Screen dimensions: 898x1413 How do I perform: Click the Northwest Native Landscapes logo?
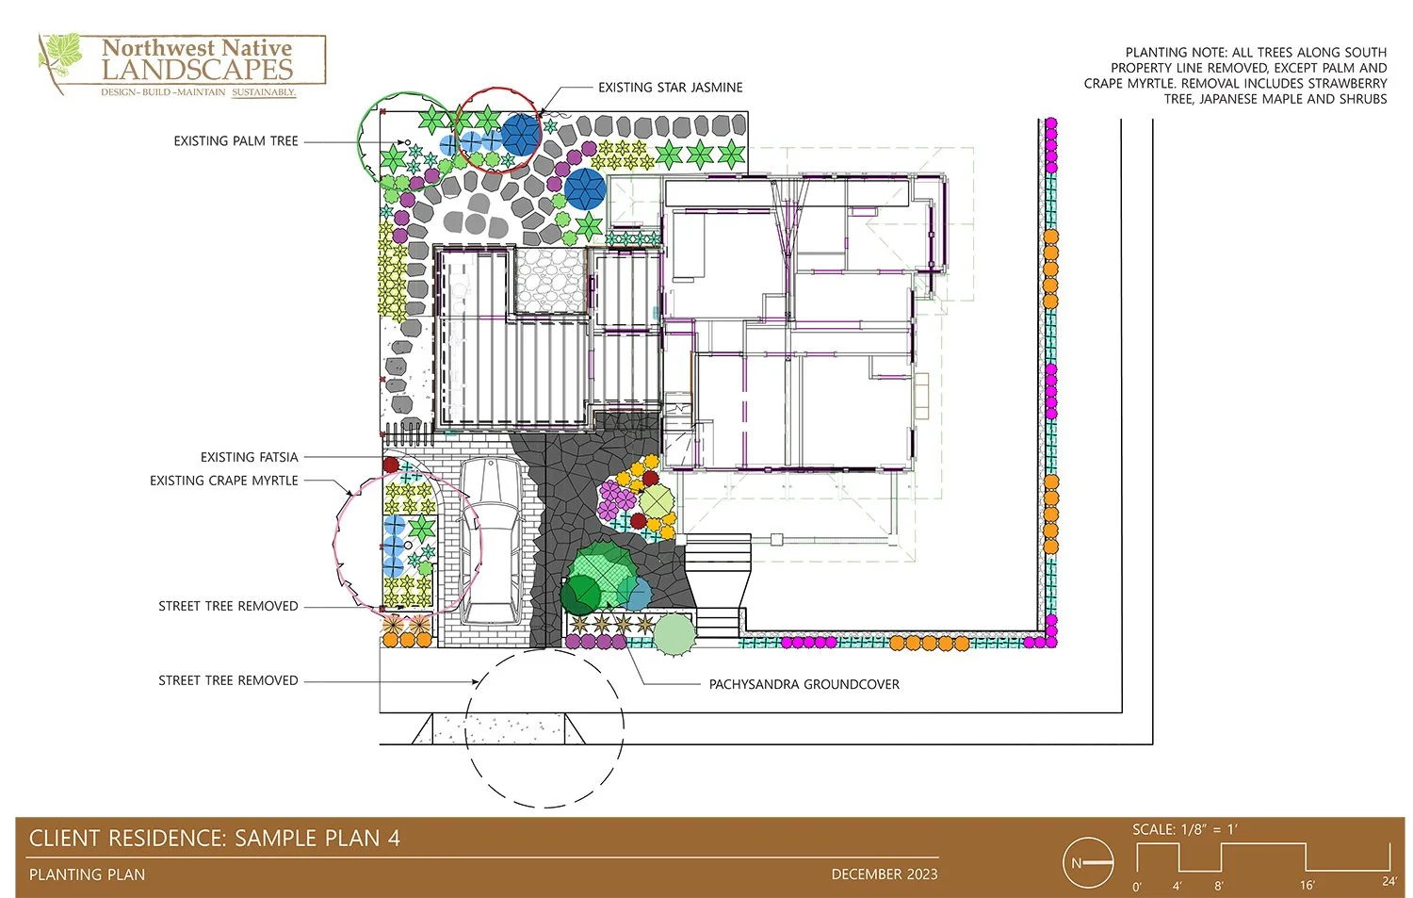click(182, 64)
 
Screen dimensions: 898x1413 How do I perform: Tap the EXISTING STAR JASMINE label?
click(670, 88)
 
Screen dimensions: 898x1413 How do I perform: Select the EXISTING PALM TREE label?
click(235, 141)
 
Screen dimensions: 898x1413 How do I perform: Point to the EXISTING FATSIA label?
click(249, 457)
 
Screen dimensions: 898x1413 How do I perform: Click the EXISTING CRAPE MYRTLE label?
click(223, 481)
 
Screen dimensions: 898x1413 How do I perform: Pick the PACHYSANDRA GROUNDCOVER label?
click(804, 684)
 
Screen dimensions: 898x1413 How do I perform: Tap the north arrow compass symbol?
click(1088, 862)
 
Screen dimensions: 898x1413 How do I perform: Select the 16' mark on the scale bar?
click(1307, 885)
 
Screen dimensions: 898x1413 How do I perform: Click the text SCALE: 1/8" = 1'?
click(1184, 829)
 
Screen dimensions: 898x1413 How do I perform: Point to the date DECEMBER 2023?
click(884, 874)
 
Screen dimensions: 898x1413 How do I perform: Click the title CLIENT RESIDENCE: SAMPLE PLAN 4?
click(215, 838)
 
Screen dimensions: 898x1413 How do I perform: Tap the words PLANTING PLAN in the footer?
click(87, 874)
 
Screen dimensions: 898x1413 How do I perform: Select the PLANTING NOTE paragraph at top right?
click(1236, 75)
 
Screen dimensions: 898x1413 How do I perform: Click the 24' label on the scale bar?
click(1389, 881)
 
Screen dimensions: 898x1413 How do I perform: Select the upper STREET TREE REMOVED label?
click(228, 606)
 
